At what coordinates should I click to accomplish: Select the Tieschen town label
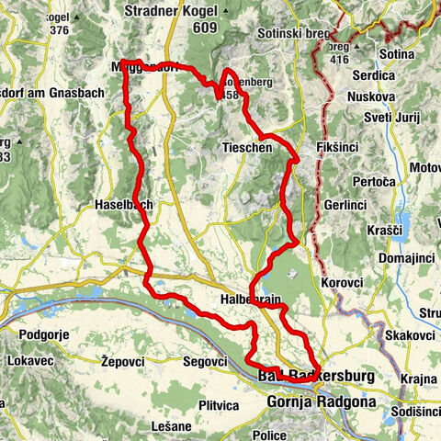(x=243, y=147)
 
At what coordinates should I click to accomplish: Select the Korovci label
(x=342, y=282)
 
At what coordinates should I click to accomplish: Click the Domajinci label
(x=399, y=262)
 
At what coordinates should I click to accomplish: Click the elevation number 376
(x=60, y=29)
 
